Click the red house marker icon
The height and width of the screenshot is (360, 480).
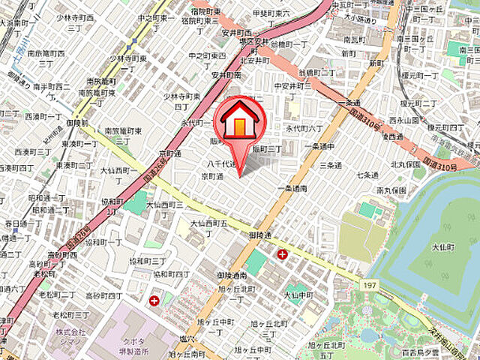point(238,120)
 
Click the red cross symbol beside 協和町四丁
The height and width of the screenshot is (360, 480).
point(154,301)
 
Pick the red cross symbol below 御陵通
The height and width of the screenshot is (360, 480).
point(282,254)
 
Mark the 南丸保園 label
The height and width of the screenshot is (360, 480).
point(391,190)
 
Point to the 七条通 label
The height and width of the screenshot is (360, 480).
point(367,175)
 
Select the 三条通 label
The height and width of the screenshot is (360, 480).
point(328,163)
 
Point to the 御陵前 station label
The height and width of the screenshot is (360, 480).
point(77,122)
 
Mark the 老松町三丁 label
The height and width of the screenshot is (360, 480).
point(71,316)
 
